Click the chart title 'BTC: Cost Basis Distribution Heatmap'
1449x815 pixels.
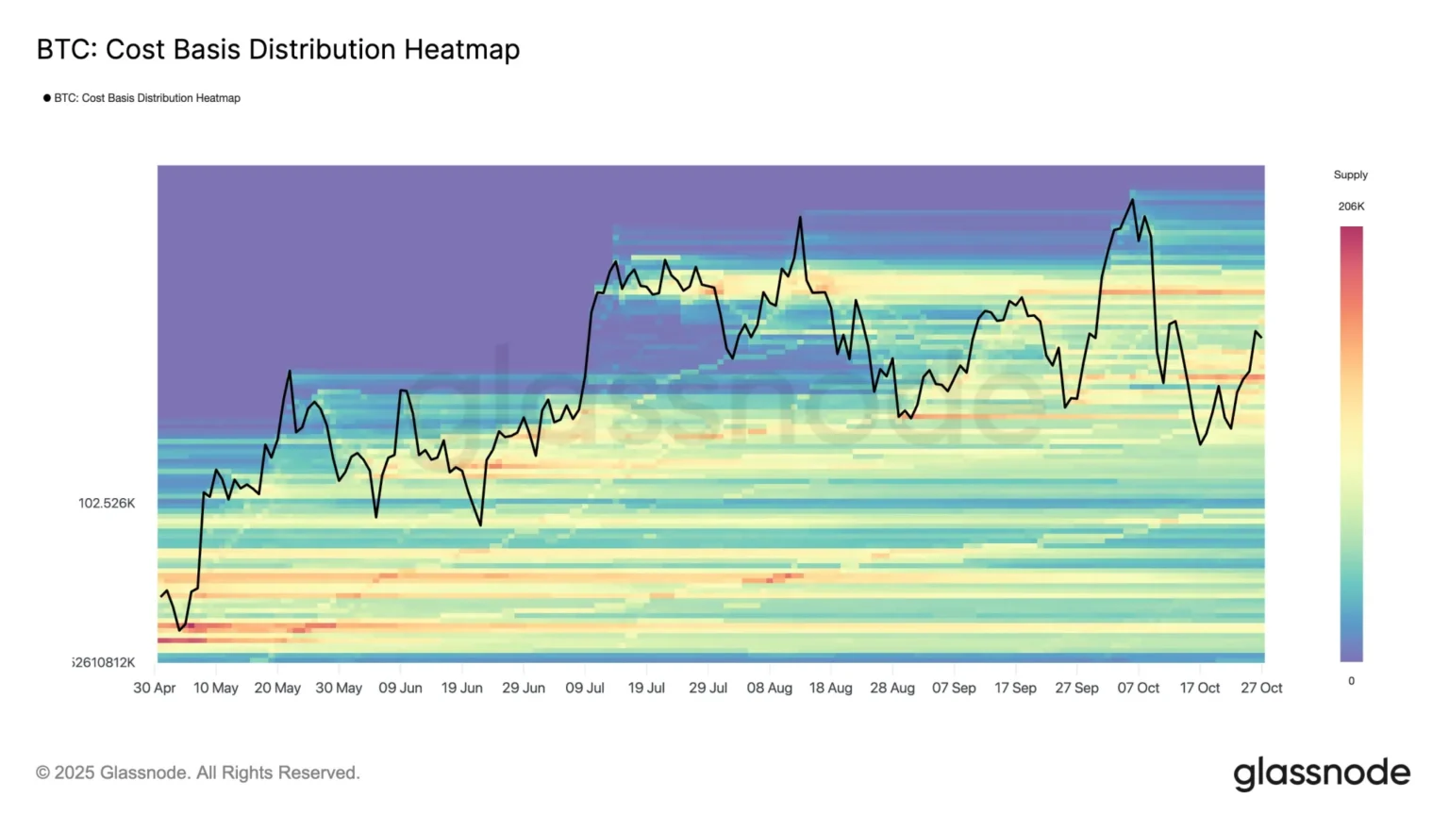tap(278, 49)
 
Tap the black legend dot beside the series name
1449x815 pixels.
tap(47, 98)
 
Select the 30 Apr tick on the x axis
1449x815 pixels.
tap(155, 688)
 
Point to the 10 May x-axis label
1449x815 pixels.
tap(216, 688)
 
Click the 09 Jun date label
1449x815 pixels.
tap(400, 688)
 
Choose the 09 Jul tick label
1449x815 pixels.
tap(585, 688)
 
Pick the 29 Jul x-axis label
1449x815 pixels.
tap(708, 688)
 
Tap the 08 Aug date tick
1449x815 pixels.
tap(769, 688)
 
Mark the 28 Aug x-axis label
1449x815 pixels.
tap(892, 688)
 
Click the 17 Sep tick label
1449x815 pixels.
tap(1015, 688)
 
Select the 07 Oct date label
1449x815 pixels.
tap(1139, 688)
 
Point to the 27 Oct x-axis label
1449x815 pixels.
tap(1261, 688)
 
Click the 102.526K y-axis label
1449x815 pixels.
tap(107, 503)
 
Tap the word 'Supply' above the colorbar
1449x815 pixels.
tap(1350, 175)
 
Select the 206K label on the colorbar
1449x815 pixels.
tap(1351, 206)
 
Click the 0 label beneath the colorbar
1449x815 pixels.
tap(1351, 680)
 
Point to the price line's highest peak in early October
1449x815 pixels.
tap(1132, 199)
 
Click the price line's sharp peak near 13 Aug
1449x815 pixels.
tap(800, 217)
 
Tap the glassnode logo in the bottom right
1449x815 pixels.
tap(1322, 773)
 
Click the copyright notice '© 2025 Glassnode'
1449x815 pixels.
tap(198, 773)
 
